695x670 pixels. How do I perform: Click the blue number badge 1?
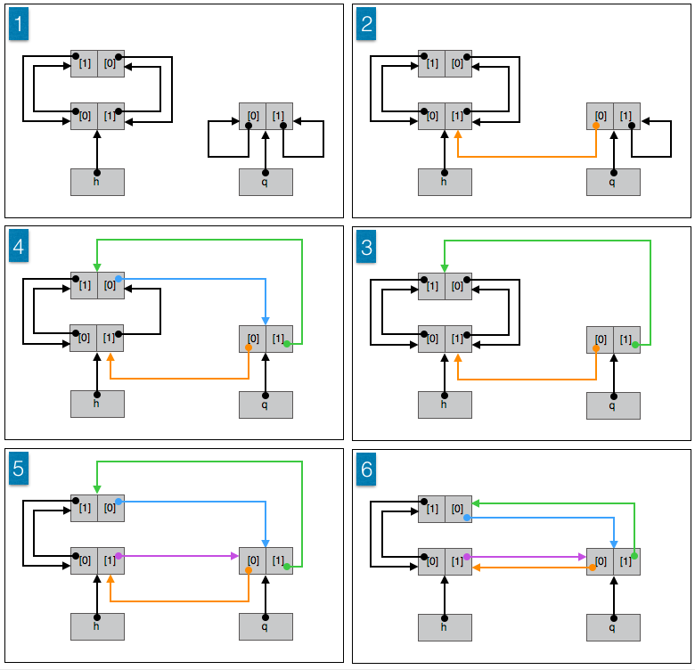click(x=19, y=26)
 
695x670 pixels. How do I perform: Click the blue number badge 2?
click(x=366, y=26)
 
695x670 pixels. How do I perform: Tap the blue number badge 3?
click(x=366, y=247)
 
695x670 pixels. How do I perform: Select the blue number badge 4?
click(x=19, y=247)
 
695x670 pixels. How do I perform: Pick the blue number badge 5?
click(x=19, y=470)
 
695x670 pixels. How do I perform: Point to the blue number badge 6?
click(x=366, y=470)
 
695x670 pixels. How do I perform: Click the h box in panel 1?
click(x=97, y=182)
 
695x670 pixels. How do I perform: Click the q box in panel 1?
click(x=266, y=182)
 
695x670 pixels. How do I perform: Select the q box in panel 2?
click(x=613, y=182)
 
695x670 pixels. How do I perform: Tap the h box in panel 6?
click(x=445, y=626)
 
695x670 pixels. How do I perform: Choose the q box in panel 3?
click(x=613, y=404)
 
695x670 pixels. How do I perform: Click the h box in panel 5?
click(x=97, y=626)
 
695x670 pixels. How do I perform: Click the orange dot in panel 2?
click(x=595, y=126)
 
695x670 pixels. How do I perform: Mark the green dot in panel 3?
click(x=634, y=343)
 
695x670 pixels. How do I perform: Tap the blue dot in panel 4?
click(x=119, y=280)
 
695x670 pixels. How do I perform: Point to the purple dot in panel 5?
click(x=119, y=556)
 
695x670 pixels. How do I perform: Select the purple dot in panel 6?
click(x=466, y=556)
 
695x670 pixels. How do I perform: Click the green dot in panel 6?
click(x=634, y=555)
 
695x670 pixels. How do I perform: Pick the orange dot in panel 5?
click(x=248, y=571)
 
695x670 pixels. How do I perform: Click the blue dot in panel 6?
click(x=466, y=517)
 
